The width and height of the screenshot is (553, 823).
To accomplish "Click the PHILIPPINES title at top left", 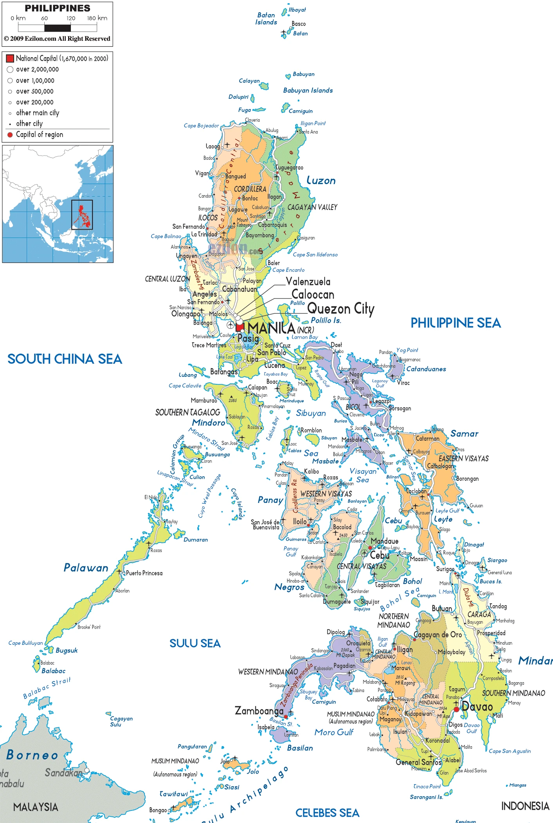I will (x=58, y=8).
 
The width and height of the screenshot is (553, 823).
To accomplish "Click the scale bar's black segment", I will (x=58, y=28).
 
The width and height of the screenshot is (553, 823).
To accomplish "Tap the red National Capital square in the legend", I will (x=10, y=59).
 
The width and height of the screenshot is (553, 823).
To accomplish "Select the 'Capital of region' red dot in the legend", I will (x=10, y=135).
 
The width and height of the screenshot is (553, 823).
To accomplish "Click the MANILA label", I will (x=271, y=328).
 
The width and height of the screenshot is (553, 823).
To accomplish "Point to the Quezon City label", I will (x=340, y=309).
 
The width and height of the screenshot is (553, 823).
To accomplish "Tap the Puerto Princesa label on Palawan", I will (x=144, y=573).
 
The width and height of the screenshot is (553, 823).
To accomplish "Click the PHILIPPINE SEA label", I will (x=455, y=323).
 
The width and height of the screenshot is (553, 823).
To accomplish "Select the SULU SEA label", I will (x=195, y=643).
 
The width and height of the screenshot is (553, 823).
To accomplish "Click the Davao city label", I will (x=477, y=707).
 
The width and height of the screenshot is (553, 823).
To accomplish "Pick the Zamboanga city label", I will (x=259, y=711).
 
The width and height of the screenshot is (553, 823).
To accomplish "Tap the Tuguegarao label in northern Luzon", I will (x=290, y=168).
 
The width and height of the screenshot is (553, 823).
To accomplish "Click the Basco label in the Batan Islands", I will (x=298, y=24).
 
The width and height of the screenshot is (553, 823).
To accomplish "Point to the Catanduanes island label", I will (x=426, y=369).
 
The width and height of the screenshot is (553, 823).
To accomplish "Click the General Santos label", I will (x=418, y=762).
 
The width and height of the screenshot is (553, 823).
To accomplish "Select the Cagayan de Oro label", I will (x=437, y=635).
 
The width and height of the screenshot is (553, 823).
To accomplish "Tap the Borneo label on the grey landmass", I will (x=32, y=754).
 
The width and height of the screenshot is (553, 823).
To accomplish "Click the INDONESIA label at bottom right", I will (x=525, y=806).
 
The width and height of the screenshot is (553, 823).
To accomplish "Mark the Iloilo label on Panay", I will (x=300, y=521).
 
